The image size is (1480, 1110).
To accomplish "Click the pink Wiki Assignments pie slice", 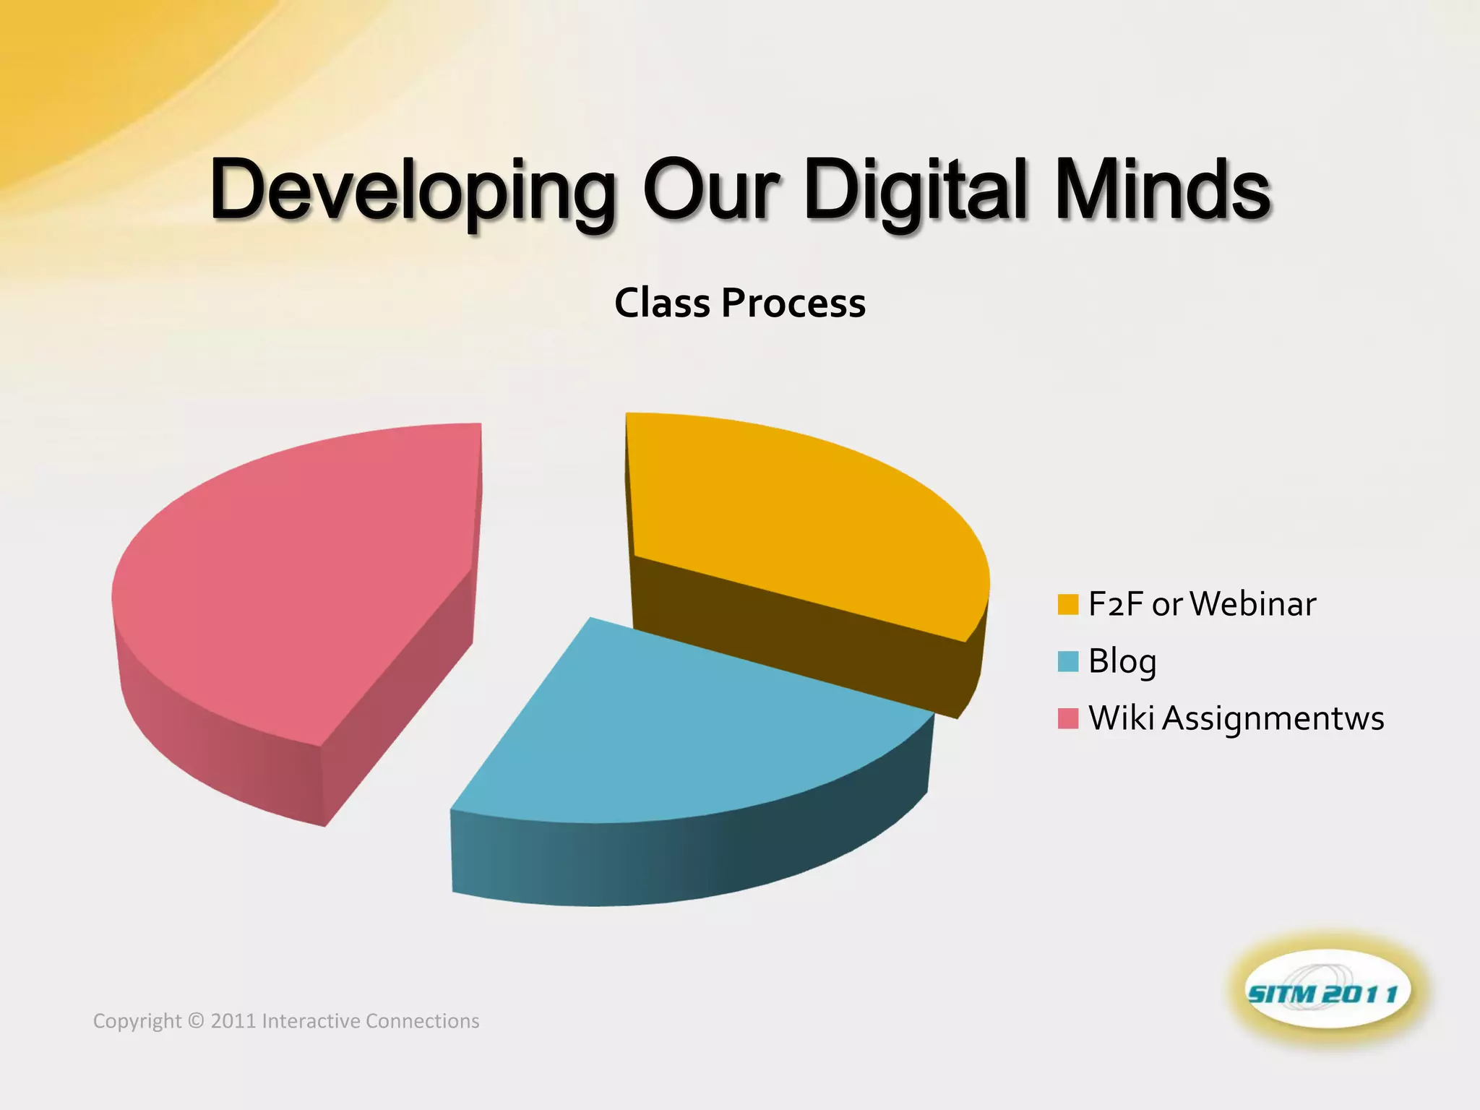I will point(304,578).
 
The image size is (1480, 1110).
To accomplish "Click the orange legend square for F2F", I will point(1067,604).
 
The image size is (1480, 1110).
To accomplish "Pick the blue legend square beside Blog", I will point(1067,661).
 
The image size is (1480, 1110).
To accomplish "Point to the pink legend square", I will point(1067,718).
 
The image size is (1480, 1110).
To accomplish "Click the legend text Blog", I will point(1122,661).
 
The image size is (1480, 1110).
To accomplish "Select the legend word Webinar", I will point(1252,604).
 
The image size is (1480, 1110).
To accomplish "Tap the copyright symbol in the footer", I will point(196,1021).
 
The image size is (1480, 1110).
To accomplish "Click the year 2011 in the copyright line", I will point(233,1021).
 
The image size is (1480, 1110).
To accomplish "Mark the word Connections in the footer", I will point(422,1021).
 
